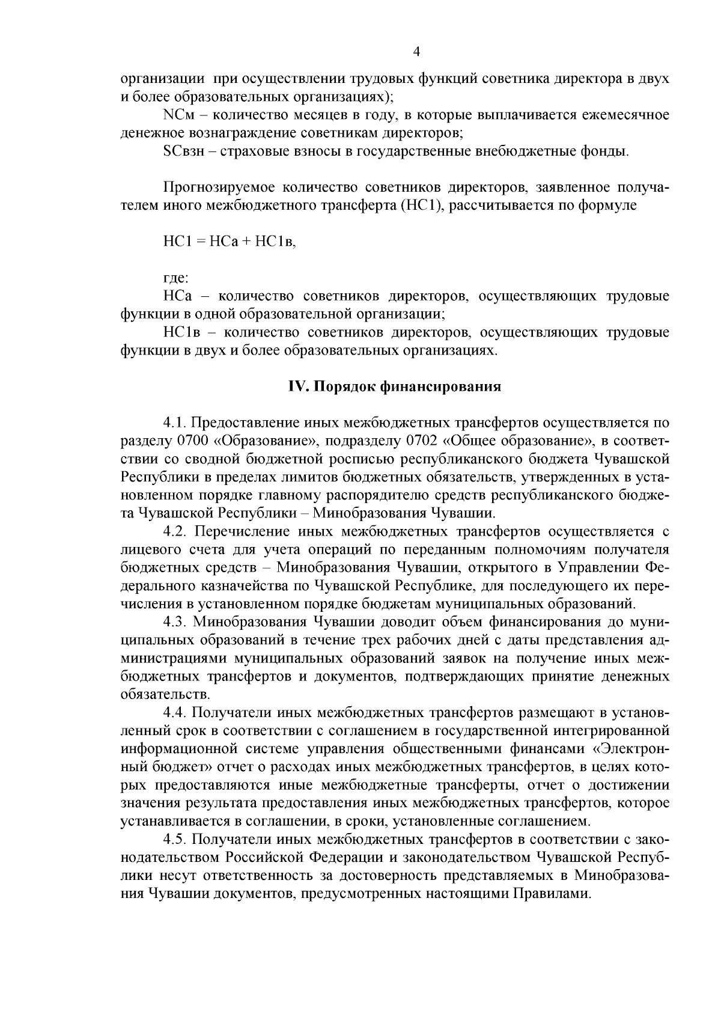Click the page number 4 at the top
417,52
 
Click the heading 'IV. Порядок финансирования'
395,387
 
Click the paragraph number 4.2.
176,531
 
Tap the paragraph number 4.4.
176,712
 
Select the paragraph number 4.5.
176,838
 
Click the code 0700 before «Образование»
193,441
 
